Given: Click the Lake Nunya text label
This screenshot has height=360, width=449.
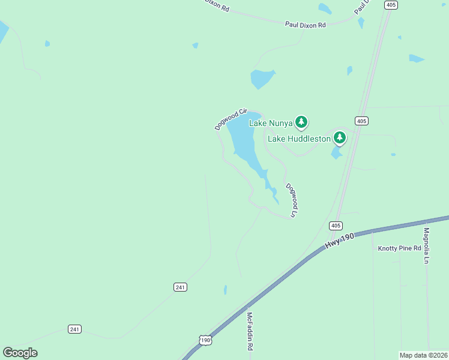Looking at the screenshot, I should point(271,124).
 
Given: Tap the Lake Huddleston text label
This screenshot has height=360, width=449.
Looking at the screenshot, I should point(299,139).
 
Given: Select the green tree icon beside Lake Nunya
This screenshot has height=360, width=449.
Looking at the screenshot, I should point(301,122).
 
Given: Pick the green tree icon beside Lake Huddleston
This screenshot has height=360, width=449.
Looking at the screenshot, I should point(340,137).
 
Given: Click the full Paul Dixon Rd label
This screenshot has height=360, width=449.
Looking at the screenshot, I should point(305,25).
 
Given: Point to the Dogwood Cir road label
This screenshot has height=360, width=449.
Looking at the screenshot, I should point(231,119).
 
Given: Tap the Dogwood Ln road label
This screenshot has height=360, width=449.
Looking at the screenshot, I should point(292,200).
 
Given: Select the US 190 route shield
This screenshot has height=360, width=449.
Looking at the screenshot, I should point(205,340).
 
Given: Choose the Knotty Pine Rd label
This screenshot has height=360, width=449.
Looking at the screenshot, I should point(399,248).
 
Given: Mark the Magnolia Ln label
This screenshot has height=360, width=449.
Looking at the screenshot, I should point(427,246).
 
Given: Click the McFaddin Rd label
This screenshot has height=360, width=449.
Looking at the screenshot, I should point(250,331).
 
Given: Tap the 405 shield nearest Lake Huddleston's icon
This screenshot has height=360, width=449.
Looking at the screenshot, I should point(361,121).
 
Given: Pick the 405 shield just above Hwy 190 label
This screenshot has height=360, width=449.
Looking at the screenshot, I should point(336,226).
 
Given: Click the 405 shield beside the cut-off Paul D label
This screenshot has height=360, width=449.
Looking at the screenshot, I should point(391,5).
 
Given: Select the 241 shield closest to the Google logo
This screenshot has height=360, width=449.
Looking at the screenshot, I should point(74,329).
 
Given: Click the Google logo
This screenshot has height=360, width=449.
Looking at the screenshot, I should point(20,353).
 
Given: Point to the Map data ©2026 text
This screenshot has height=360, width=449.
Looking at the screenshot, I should point(423,355).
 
